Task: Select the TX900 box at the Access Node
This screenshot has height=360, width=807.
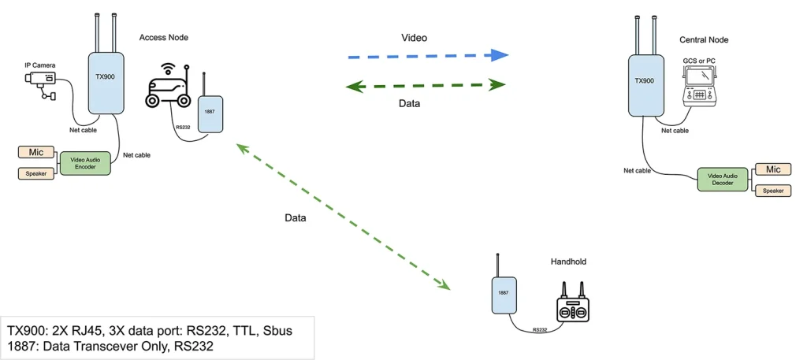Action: tap(104, 82)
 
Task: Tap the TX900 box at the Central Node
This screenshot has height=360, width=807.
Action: tap(644, 82)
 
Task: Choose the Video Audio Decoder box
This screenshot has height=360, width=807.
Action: tap(722, 179)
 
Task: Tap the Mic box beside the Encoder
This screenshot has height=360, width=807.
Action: tap(35, 152)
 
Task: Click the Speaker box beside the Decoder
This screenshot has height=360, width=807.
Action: tap(774, 191)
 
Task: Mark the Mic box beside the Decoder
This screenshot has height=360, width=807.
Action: tap(774, 169)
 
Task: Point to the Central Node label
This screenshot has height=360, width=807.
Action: tap(704, 39)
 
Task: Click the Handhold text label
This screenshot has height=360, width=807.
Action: tap(568, 262)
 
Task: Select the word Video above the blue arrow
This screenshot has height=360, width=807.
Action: tap(415, 37)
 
